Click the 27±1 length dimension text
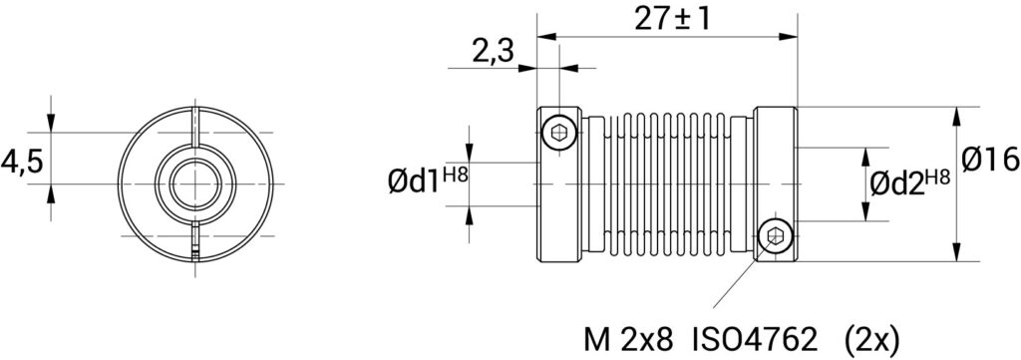tap(672, 19)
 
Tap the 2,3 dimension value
tap(493, 52)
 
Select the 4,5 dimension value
tap(22, 162)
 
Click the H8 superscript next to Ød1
tap(455, 175)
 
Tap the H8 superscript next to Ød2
tap(937, 177)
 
